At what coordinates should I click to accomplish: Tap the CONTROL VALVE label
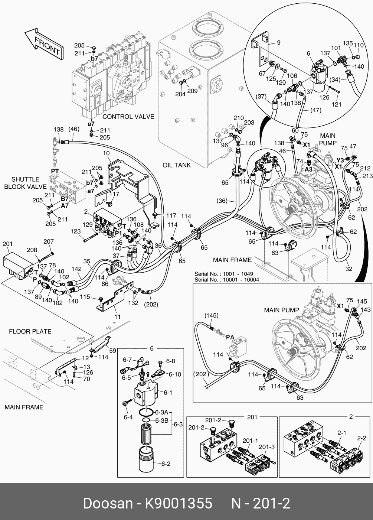click(x=128, y=117)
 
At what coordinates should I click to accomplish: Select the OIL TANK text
click(x=177, y=165)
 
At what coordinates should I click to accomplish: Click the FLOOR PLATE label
click(x=30, y=331)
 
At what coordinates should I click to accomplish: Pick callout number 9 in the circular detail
click(x=279, y=42)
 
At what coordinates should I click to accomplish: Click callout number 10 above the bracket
click(x=106, y=153)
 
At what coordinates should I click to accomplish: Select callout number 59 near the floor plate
click(x=112, y=350)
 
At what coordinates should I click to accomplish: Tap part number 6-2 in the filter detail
click(x=166, y=464)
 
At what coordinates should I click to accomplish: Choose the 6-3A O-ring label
click(x=162, y=412)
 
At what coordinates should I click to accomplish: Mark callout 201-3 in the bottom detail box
click(x=267, y=447)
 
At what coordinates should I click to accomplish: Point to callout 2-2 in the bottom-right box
click(x=361, y=438)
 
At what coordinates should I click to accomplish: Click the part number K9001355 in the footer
click(x=178, y=504)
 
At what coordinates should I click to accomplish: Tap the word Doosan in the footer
click(x=108, y=504)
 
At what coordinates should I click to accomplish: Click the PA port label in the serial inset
click(x=230, y=337)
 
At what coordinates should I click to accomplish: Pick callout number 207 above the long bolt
click(x=49, y=242)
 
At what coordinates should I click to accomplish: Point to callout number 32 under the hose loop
click(x=349, y=269)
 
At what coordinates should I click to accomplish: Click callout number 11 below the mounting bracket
click(x=117, y=317)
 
